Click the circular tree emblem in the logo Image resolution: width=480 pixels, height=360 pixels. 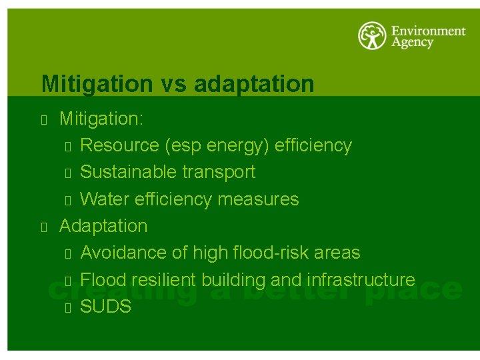click(372, 36)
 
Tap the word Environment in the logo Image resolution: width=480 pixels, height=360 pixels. click(427, 31)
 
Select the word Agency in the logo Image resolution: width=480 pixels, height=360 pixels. click(412, 43)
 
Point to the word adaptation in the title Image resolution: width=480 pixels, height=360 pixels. click(254, 85)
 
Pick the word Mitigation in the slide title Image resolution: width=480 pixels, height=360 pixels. click(97, 84)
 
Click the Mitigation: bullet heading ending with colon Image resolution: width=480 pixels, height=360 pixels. click(101, 119)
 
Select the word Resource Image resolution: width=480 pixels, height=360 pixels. click(121, 145)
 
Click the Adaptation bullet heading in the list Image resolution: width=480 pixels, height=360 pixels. click(103, 226)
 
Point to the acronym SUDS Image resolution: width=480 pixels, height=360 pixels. click(105, 307)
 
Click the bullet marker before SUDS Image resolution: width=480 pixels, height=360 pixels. click(67, 307)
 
